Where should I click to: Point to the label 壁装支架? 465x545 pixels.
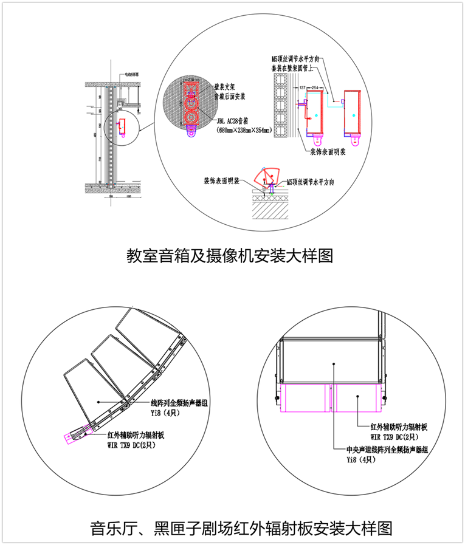pos(224,87)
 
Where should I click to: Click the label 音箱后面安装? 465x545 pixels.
pos(229,95)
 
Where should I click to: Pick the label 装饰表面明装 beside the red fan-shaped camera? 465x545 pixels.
pos(222,180)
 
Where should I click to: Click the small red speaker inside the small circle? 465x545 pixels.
pos(122,126)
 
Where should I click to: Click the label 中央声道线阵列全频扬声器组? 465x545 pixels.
pos(387,450)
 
